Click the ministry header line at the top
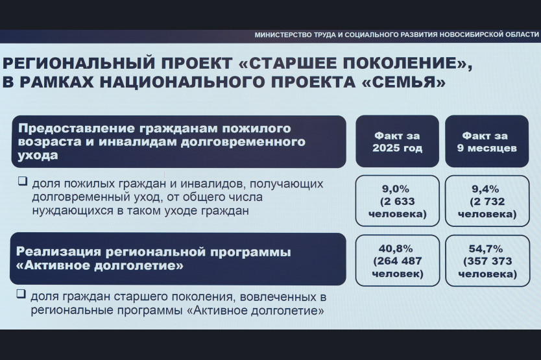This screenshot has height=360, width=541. click(x=396, y=35)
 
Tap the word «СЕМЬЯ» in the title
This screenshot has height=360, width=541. click(x=405, y=82)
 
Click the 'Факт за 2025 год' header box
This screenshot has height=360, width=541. click(x=397, y=141)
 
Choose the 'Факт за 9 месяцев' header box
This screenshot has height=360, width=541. click(x=487, y=141)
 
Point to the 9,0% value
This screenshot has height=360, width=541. click(x=396, y=189)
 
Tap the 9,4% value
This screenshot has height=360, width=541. click(x=485, y=189)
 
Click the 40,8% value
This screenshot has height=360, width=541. click(x=396, y=248)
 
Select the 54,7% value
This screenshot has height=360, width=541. click(x=485, y=248)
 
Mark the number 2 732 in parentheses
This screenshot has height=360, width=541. click(x=490, y=201)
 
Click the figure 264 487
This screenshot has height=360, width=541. click(x=400, y=261)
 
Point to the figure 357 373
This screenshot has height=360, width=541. click(x=490, y=261)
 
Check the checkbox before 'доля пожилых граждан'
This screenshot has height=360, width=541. click(x=23, y=181)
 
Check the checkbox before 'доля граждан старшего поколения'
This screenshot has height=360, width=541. click(x=21, y=294)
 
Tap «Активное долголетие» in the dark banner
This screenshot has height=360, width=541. click(x=100, y=265)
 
